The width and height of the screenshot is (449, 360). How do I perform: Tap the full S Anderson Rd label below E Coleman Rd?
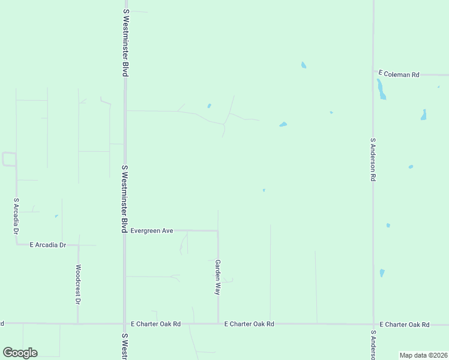point(373,160)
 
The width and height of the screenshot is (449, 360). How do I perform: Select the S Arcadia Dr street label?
point(16,216)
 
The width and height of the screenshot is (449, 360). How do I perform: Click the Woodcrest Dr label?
point(78,284)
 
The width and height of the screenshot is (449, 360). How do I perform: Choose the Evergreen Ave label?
point(152,230)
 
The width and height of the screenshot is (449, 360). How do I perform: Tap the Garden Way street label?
point(218,277)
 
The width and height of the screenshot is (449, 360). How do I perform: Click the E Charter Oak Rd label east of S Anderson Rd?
point(405,324)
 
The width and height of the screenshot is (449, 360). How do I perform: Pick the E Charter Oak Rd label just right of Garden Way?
point(249,324)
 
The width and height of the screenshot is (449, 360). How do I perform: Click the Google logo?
point(20,353)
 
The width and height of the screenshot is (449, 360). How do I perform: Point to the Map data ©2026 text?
point(423,355)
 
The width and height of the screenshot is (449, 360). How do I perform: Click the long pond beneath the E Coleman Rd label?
point(381,89)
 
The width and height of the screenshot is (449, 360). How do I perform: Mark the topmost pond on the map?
point(304,65)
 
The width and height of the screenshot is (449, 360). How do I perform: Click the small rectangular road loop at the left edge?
point(9,159)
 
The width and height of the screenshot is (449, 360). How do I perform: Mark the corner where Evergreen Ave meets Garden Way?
point(218,230)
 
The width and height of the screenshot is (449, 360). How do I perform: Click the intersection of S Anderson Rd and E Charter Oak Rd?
point(373,323)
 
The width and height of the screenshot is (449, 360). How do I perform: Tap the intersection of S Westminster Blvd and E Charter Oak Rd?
point(125,323)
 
